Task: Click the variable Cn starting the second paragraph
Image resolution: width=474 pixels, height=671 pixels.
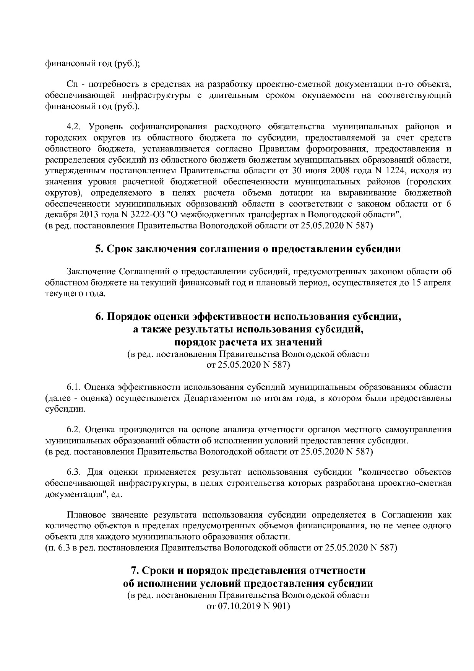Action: pos(72,84)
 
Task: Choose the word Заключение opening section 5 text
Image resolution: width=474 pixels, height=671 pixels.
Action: pos(91,272)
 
